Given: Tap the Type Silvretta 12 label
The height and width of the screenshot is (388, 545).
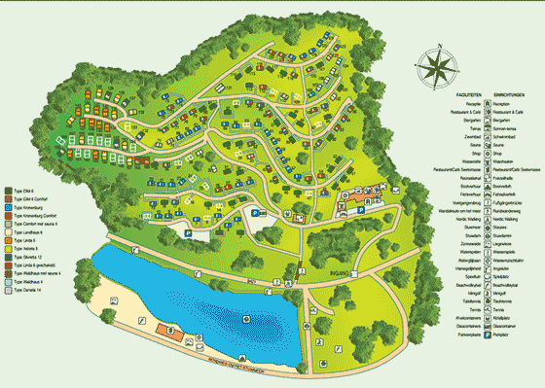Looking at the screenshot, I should (x=31, y=256).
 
